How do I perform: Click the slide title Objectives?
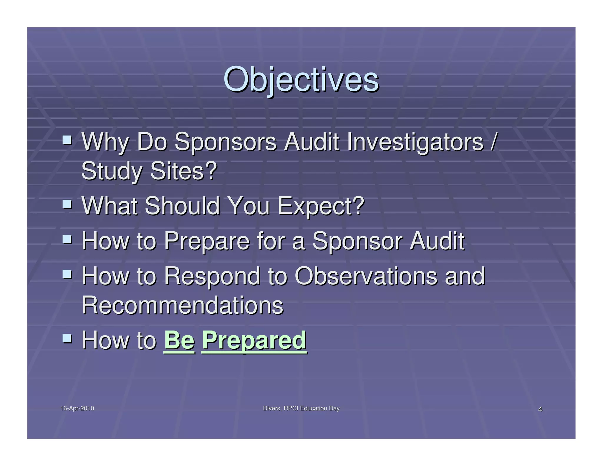pyautogui.click(x=301, y=80)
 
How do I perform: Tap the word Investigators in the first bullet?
pyautogui.click(x=415, y=142)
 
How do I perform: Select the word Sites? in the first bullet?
pyautogui.click(x=183, y=171)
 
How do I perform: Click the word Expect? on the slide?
pyautogui.click(x=321, y=206)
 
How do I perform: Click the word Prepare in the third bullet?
pyautogui.click(x=207, y=241)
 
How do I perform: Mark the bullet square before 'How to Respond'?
pyautogui.click(x=67, y=274)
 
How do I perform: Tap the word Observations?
pyautogui.click(x=366, y=276)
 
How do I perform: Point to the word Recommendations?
pyautogui.click(x=182, y=305)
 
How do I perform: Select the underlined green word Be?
pyautogui.click(x=179, y=340)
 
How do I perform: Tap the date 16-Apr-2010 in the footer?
pyautogui.click(x=77, y=408)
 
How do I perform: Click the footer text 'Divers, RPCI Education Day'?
pyautogui.click(x=301, y=408)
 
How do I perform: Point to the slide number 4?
pyautogui.click(x=540, y=409)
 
